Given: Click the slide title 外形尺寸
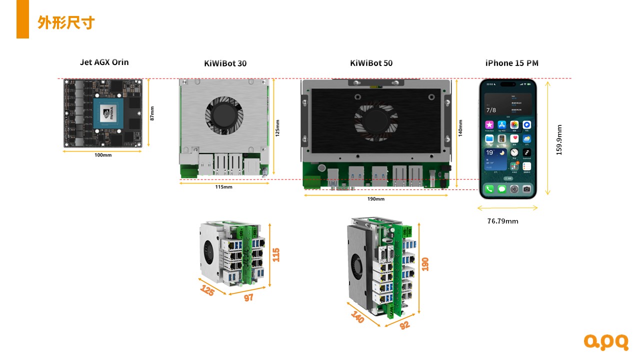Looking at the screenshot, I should (x=66, y=22).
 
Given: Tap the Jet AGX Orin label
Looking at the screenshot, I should (x=104, y=62).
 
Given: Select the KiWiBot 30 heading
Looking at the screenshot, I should (x=225, y=63).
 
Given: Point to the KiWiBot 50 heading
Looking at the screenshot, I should (x=371, y=63).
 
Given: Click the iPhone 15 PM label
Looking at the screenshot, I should (x=511, y=63).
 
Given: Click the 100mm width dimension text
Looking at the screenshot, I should (x=103, y=155).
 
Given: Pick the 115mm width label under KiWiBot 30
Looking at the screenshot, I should (x=223, y=187).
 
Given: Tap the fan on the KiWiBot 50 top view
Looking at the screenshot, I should (x=376, y=119).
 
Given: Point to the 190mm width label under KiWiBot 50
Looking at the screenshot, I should (x=376, y=199).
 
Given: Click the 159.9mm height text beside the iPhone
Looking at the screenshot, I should (x=559, y=139).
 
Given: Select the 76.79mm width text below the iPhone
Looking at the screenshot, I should (x=502, y=220).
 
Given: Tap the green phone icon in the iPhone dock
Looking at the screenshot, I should (x=489, y=189).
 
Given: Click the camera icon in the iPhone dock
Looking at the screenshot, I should (x=526, y=189).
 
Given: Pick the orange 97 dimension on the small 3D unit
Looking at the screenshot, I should (x=248, y=297).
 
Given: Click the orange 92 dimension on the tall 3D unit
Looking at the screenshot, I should (x=404, y=324).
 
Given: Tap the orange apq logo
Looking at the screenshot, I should (x=606, y=342).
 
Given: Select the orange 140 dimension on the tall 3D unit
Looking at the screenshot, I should (x=357, y=317).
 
